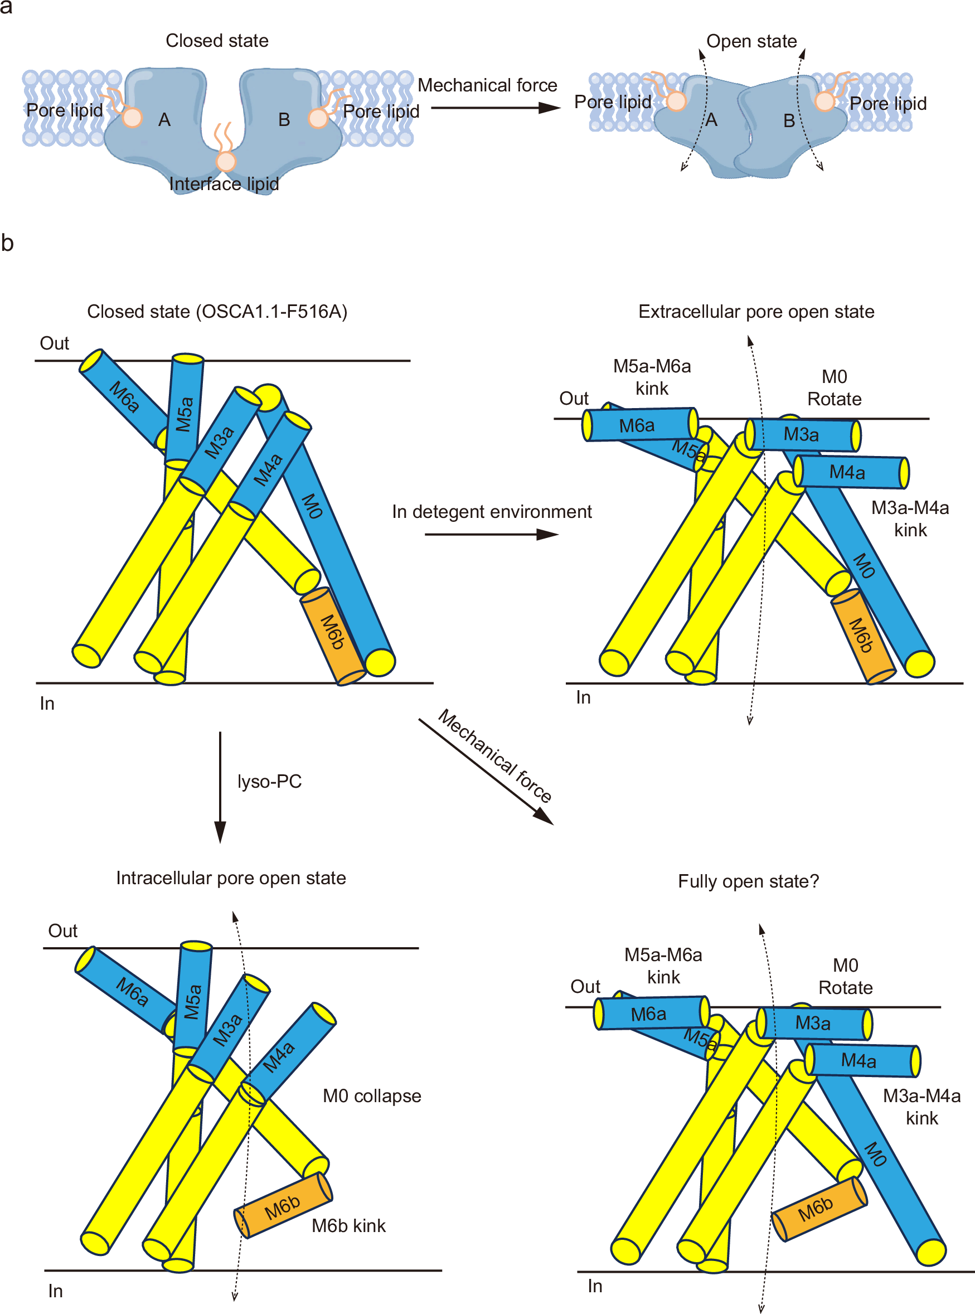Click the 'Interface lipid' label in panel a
tap(224, 184)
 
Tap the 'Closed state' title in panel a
tap(217, 41)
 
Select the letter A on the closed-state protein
tap(164, 120)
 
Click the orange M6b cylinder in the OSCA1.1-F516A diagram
tap(333, 634)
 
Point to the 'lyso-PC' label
tap(269, 781)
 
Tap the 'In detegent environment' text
tap(491, 511)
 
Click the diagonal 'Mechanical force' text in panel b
tap(494, 755)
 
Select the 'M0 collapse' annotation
tap(371, 1095)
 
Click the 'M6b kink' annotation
tap(348, 1225)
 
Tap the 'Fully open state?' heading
tap(748, 881)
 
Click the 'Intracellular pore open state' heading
tap(231, 878)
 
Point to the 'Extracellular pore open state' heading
tap(756, 312)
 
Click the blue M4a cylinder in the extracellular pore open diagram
tap(851, 472)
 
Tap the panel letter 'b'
tap(8, 243)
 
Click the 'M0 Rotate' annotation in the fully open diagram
tap(845, 976)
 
